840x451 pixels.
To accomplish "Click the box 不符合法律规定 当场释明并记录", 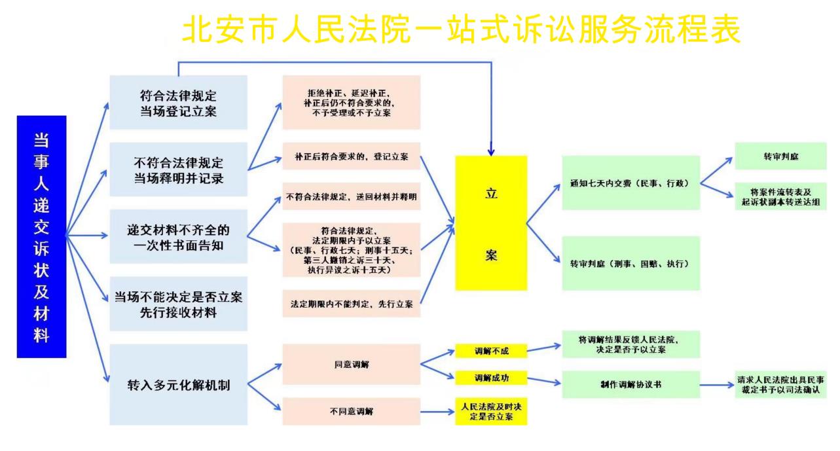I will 178,169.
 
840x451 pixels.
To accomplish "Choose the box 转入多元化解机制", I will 178,384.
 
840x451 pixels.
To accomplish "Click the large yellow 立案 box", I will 491,223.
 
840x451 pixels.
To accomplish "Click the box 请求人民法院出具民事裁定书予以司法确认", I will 779,384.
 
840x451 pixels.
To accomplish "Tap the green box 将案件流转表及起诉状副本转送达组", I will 779,196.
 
